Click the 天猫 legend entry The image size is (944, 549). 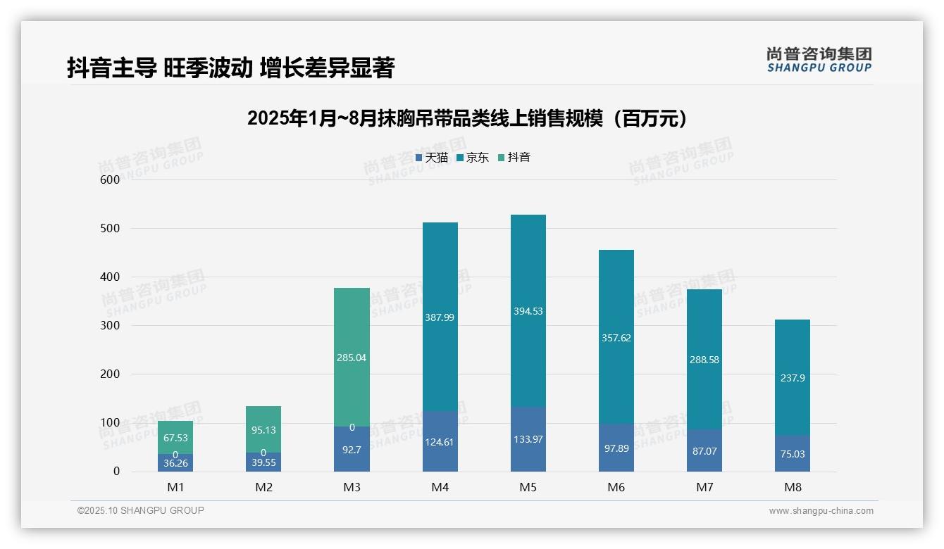point(432,158)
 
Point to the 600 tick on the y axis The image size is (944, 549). point(109,179)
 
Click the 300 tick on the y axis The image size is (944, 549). point(109,326)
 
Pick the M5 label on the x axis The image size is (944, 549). point(528,487)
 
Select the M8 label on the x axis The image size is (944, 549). point(793,487)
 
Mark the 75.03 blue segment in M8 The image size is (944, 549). point(793,454)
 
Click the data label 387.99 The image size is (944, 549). point(440,317)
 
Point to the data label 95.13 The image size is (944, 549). point(263,430)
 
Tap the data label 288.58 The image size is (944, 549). point(704,360)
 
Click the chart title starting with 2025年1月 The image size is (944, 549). point(468,119)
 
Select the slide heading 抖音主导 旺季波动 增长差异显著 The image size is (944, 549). point(230,68)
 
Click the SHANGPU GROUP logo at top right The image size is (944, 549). point(819,60)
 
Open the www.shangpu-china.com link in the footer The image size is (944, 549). point(821,511)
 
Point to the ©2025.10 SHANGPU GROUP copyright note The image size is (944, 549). point(141,511)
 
